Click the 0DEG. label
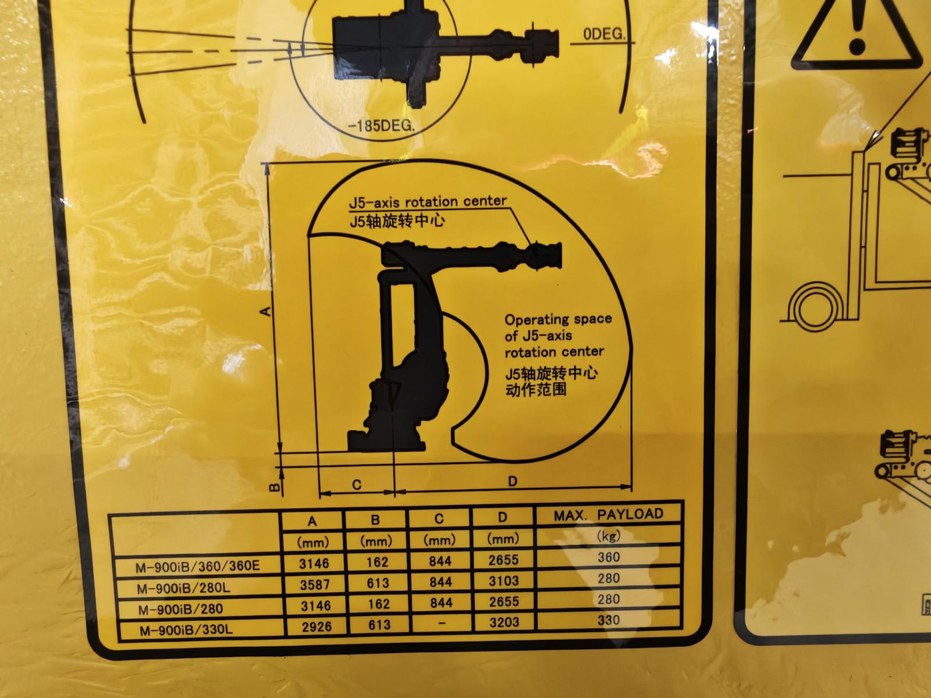pos(604,34)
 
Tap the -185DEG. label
pos(381,126)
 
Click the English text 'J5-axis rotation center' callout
pos(428,202)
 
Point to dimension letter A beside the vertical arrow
pos(266,312)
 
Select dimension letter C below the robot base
pos(357,485)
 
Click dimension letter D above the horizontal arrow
pos(513,481)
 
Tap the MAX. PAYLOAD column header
pos(608,515)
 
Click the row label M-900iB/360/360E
pos(198,566)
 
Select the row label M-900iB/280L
pos(183,588)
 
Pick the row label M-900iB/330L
pos(186,630)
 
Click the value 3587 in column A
pos(314,585)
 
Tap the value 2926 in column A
pos(317,626)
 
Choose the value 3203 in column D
pos(504,622)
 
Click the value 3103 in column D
pos(503,581)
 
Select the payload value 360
pos(609,557)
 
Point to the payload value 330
pos(609,620)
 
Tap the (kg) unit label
pos(608,536)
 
